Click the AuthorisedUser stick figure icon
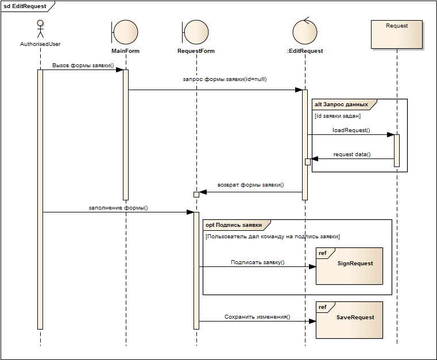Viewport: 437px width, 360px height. coord(40,29)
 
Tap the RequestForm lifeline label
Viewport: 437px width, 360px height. coord(196,51)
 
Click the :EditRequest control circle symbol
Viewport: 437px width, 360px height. coord(305,31)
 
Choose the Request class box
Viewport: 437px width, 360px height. coord(397,34)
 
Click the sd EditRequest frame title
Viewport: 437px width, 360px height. coord(25,7)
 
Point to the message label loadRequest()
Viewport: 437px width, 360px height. coord(351,130)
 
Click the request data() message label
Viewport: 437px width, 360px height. coord(352,154)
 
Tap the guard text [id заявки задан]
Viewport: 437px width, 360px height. coord(338,116)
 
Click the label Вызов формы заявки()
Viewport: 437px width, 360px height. coord(83,65)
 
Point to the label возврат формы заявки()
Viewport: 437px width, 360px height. coord(251,185)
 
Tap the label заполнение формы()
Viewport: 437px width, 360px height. coord(118,208)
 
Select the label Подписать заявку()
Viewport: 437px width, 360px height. coord(257,262)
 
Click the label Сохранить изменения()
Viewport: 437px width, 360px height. coord(257,316)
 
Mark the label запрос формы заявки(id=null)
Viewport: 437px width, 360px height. coord(224,79)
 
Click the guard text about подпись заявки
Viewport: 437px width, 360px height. coord(272,237)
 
